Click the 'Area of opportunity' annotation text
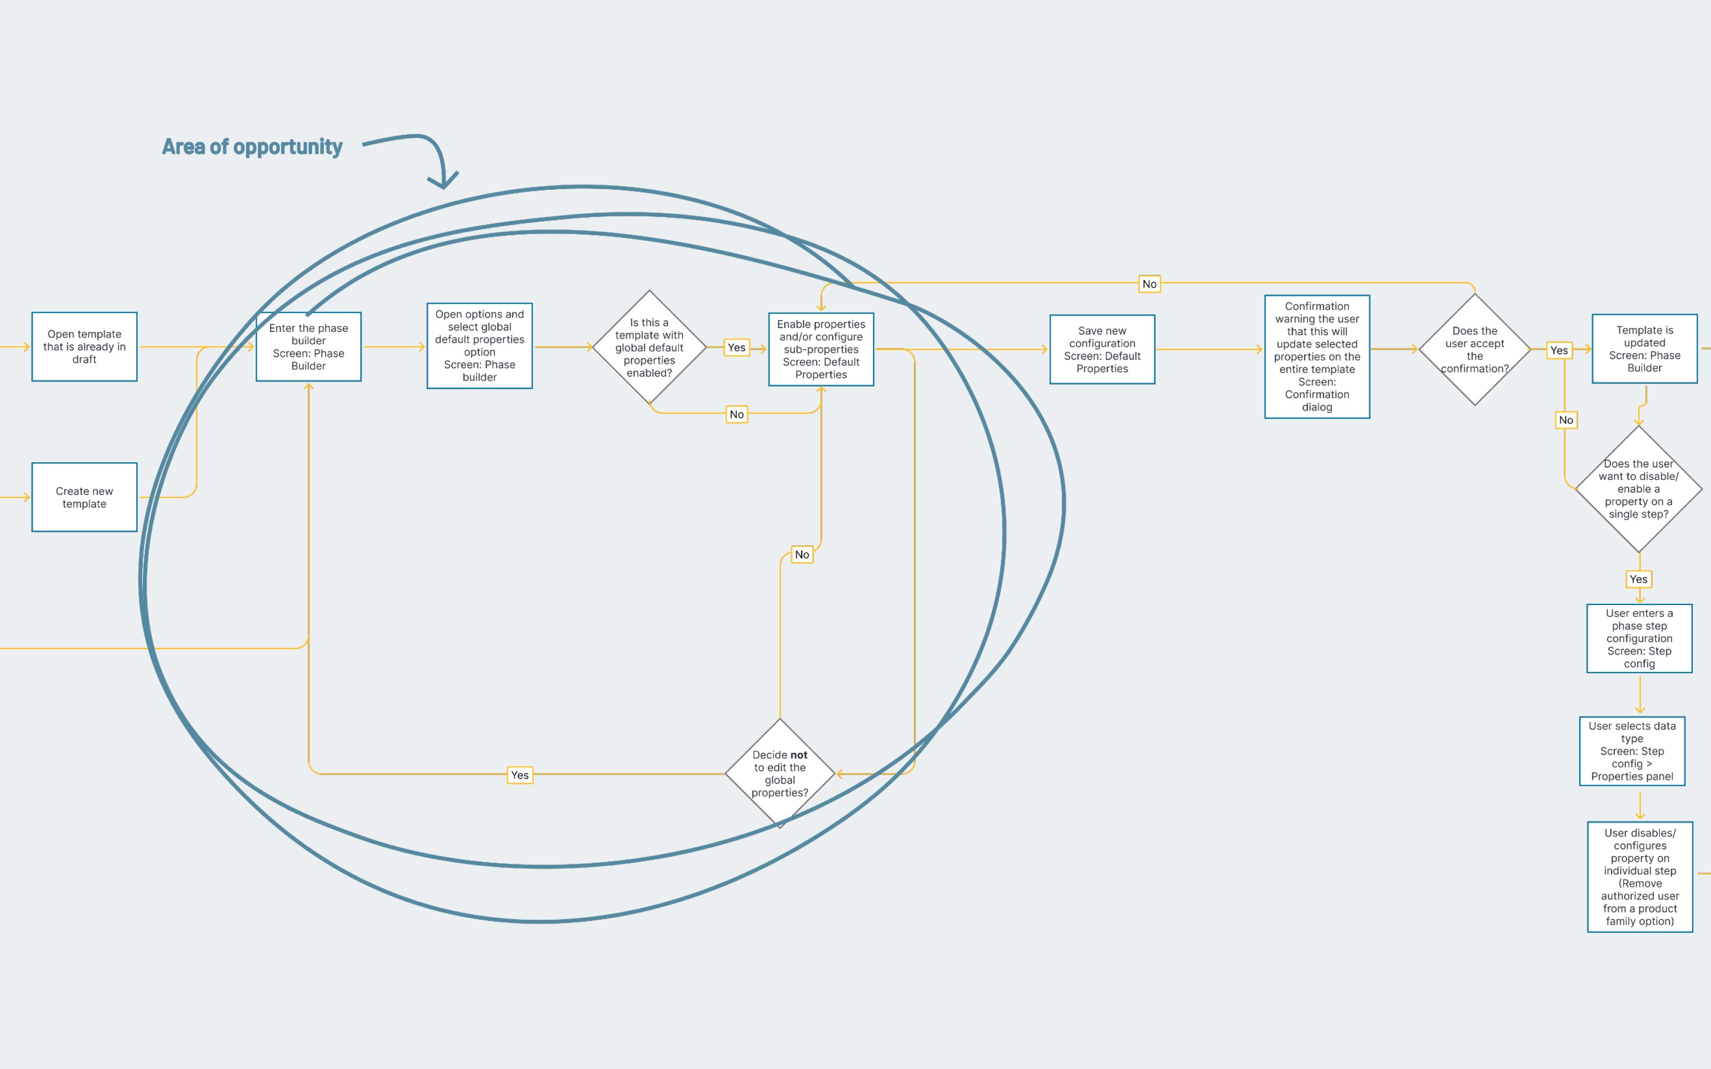[x=252, y=146]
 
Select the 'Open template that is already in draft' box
[x=84, y=346]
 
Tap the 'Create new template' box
[x=84, y=497]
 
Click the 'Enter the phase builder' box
[x=309, y=346]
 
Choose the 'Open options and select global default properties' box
[x=480, y=346]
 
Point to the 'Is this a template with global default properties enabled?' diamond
[x=649, y=347]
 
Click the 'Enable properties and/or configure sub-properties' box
[x=821, y=349]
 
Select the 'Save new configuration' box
[x=1101, y=349]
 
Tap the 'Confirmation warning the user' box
[x=1316, y=357]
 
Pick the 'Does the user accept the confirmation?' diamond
[x=1474, y=349]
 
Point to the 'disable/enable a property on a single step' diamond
[x=1638, y=489]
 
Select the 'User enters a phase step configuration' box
[x=1639, y=638]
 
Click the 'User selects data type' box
[x=1632, y=751]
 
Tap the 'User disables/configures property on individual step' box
[x=1639, y=877]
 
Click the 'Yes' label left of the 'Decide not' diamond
[x=520, y=775]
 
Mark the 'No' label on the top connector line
[x=1150, y=283]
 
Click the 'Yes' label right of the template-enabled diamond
[x=736, y=347]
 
